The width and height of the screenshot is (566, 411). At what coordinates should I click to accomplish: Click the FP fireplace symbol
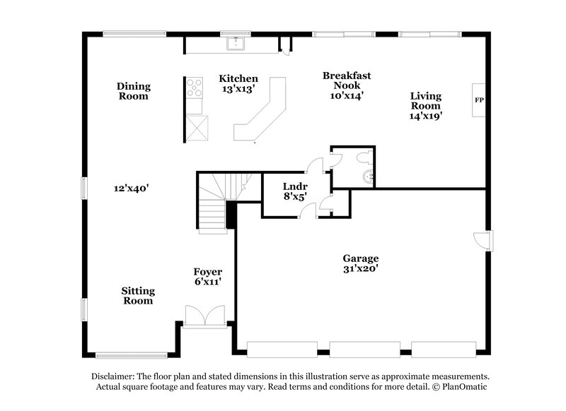pyautogui.click(x=479, y=100)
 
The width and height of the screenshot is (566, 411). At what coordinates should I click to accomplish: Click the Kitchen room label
pyautogui.click(x=238, y=78)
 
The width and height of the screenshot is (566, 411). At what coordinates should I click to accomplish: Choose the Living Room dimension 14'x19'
pyautogui.click(x=425, y=117)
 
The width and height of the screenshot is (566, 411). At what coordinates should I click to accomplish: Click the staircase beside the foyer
pyautogui.click(x=212, y=205)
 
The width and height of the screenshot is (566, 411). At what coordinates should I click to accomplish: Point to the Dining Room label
pyautogui.click(x=134, y=91)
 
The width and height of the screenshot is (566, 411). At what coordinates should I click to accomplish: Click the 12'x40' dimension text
pyautogui.click(x=130, y=188)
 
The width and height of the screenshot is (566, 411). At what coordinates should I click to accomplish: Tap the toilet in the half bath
pyautogui.click(x=367, y=175)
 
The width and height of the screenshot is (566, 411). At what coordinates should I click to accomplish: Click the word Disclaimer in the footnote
pyautogui.click(x=115, y=376)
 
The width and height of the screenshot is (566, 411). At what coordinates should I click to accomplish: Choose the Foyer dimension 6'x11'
pyautogui.click(x=208, y=282)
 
